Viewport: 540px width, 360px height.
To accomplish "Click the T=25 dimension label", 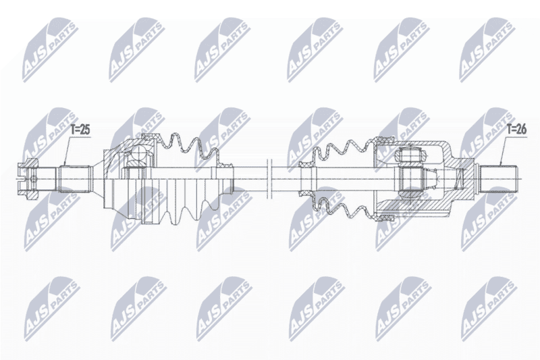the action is (x=80, y=130).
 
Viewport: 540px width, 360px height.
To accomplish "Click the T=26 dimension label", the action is (x=516, y=130).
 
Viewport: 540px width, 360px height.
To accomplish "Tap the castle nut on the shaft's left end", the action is (x=28, y=179).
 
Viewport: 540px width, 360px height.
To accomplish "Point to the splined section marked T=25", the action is (x=74, y=179).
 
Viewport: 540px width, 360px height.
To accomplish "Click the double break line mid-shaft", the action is (x=269, y=179).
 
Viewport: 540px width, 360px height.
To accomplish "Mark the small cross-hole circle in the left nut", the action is (x=32, y=179).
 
